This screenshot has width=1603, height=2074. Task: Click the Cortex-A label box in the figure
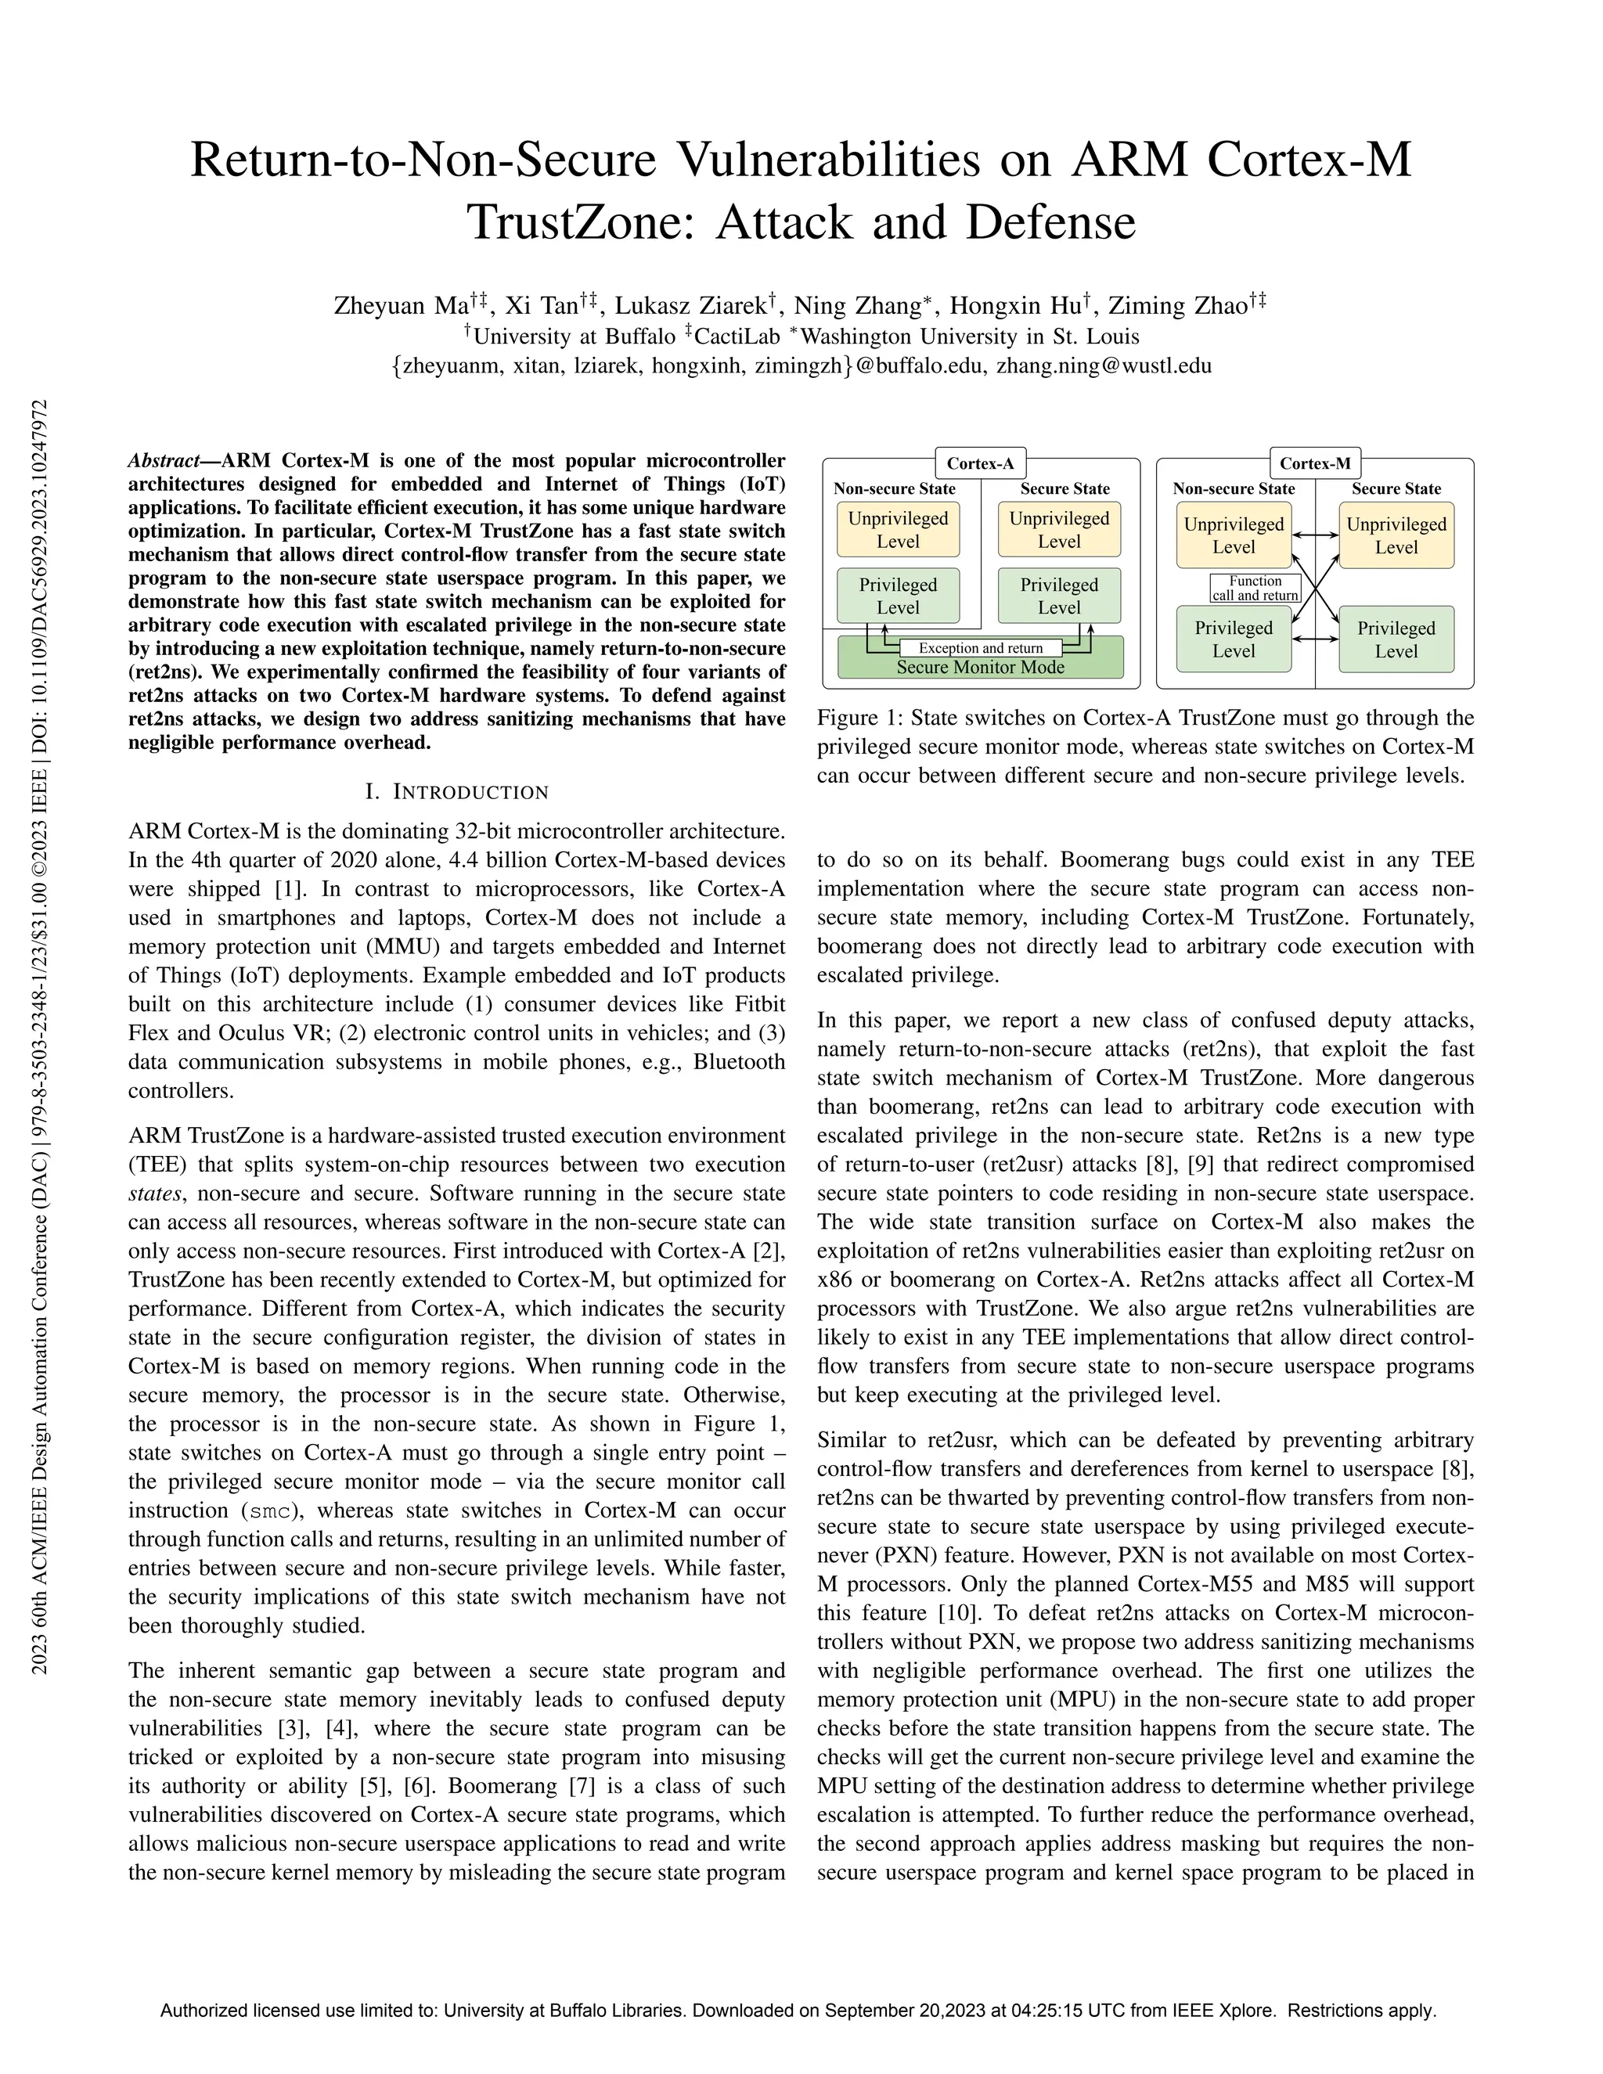[980, 463]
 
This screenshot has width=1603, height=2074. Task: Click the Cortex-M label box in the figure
[1315, 463]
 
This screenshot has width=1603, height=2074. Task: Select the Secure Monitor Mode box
[980, 667]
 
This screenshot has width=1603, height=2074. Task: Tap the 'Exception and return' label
[980, 648]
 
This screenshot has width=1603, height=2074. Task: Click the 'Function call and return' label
[1255, 588]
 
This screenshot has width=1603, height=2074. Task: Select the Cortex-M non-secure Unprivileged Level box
[1233, 535]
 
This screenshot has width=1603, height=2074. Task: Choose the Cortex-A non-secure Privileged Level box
[898, 596]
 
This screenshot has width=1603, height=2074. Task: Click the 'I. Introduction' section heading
[457, 792]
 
